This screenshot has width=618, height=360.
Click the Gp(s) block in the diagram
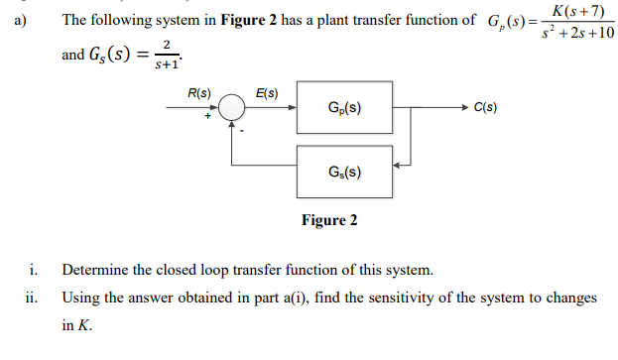343,107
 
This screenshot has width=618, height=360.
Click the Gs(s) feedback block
343,170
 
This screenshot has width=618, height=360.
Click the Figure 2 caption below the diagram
329,220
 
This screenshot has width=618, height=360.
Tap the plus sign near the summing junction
209,119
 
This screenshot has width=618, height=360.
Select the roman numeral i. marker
33,270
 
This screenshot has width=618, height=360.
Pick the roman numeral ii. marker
31,298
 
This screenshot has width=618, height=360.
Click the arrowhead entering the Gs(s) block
398,169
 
